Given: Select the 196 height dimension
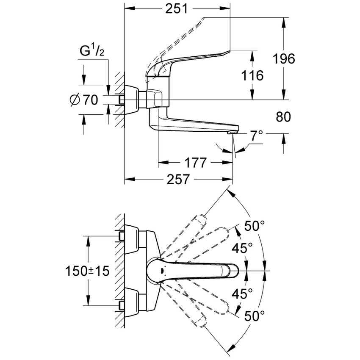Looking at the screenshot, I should tap(283, 59).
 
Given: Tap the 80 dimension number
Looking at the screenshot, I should tap(282, 117).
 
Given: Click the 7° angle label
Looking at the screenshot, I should tap(256, 136).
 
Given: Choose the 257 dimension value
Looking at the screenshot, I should tap(177, 180).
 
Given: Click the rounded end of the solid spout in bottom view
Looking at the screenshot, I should tap(234, 270).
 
